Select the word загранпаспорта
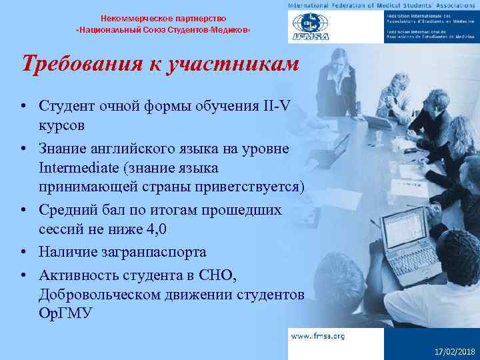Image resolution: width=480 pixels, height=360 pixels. pyautogui.click(x=151, y=252)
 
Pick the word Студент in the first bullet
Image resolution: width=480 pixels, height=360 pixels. pyautogui.click(x=66, y=107)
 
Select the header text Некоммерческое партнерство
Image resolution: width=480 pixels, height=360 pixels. pyautogui.click(x=163, y=18)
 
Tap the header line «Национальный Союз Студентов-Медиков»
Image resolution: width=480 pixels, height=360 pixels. pyautogui.click(x=163, y=31)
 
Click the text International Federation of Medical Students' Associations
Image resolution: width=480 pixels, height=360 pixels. pyautogui.click(x=383, y=5)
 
